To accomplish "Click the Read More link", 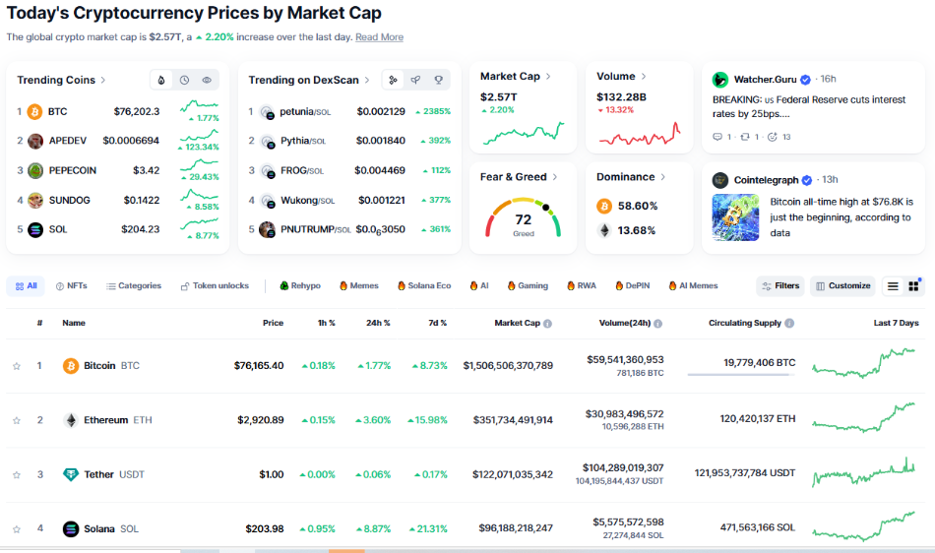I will [379, 37].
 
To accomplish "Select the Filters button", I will [779, 286].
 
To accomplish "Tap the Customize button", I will [842, 286].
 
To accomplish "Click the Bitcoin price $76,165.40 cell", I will [259, 366].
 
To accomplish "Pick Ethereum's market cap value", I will [508, 420].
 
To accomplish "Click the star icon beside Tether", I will [17, 475].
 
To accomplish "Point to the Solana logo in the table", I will [71, 529].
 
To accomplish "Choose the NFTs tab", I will [72, 286].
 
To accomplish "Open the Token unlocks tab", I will [214, 286].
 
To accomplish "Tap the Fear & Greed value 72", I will [523, 219].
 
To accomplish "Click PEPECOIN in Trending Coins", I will [72, 170].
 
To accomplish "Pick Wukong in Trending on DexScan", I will [300, 201].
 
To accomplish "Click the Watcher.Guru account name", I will [766, 80].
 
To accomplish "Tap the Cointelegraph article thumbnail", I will [735, 217].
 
